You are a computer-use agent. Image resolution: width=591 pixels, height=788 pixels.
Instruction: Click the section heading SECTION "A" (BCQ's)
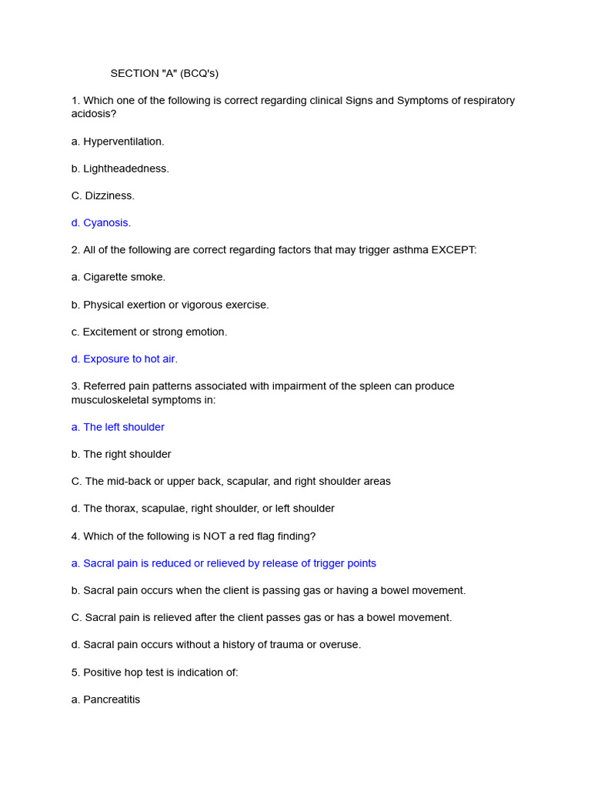tap(164, 74)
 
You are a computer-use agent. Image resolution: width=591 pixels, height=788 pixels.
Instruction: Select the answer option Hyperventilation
tap(118, 142)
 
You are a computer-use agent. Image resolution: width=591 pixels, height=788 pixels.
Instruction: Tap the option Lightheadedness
tap(120, 169)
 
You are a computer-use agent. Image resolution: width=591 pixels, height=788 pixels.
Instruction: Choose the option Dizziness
tap(103, 195)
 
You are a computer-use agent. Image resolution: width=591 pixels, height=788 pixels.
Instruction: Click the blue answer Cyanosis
tap(101, 223)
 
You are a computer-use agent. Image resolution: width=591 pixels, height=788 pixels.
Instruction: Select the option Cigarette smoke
tap(119, 277)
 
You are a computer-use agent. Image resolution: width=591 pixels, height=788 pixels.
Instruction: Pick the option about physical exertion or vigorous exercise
tap(170, 305)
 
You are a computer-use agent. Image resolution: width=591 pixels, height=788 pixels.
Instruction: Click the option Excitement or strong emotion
tap(149, 332)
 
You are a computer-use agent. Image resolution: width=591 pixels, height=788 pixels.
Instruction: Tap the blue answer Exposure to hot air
tap(125, 359)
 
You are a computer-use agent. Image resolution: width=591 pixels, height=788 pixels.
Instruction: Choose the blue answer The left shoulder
tap(118, 427)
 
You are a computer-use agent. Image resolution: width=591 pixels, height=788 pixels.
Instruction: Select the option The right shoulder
tap(122, 454)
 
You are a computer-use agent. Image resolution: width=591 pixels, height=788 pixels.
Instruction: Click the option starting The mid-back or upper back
tap(231, 481)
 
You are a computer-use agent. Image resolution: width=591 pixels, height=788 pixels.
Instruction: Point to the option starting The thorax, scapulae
tap(203, 509)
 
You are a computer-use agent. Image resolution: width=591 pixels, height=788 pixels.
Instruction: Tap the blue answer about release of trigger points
tap(224, 563)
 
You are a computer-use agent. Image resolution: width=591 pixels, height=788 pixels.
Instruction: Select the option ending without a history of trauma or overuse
tap(216, 645)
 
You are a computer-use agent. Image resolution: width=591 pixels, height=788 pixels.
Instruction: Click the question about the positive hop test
tap(155, 673)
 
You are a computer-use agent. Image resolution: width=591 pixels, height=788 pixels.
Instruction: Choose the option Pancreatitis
tap(106, 700)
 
